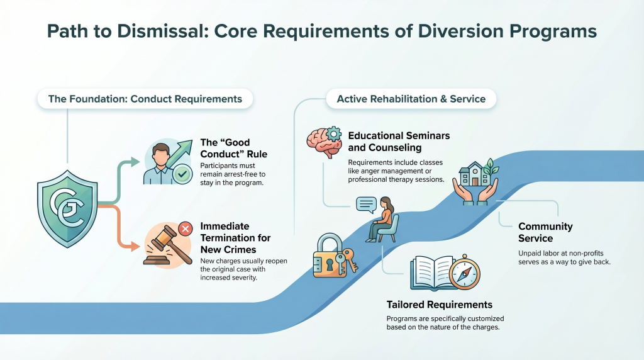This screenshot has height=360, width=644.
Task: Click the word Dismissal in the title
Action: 160,31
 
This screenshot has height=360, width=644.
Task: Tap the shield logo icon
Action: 67,209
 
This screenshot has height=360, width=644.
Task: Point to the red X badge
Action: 186,229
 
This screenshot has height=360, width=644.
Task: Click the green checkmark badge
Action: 182,174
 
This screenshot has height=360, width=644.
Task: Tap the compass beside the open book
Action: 465,273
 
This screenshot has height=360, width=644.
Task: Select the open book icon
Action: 433,273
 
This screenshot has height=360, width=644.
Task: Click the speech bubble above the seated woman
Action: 367,205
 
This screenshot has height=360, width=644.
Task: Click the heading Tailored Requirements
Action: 440,305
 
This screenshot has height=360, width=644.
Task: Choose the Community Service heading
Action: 545,232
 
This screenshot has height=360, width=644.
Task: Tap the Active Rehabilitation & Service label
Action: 411,99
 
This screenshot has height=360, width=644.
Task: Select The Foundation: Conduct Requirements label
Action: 145,99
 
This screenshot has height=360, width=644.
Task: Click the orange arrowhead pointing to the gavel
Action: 135,247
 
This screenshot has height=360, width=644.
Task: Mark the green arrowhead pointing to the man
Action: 135,162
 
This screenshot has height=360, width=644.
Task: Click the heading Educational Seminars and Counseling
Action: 399,142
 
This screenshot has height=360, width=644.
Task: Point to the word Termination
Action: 235,238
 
